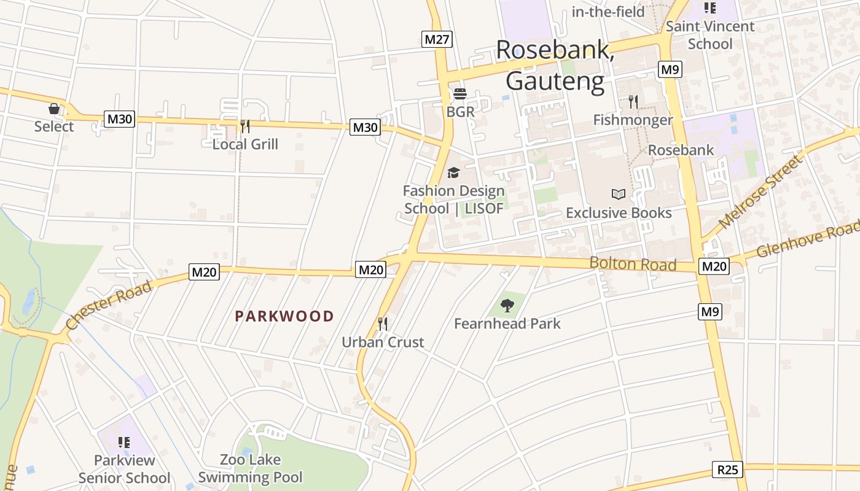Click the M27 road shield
point(438,40)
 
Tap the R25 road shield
point(728,470)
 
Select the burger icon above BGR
point(460,95)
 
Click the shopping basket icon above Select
point(54,109)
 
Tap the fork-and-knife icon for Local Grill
point(245,126)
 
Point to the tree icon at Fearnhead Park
point(507,305)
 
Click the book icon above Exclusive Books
point(619,195)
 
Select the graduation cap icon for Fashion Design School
point(454,173)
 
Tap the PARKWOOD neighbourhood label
point(284,317)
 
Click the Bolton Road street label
point(633,264)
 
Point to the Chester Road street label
point(109,305)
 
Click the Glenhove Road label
point(807,241)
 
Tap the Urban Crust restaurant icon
point(383,323)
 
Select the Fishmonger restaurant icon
point(633,102)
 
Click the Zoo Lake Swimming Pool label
point(250,468)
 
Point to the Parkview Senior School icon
point(124,442)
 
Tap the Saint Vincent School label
point(710,35)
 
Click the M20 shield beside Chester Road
point(204,272)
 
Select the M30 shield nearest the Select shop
point(119,119)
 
